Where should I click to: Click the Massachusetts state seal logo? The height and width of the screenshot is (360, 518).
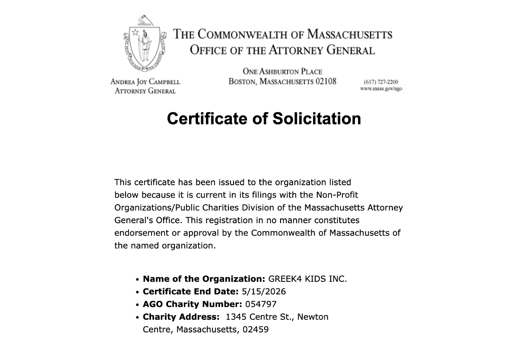click(x=144, y=44)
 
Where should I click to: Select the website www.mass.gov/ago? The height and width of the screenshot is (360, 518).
click(x=381, y=89)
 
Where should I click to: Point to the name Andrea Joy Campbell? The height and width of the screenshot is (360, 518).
click(x=145, y=82)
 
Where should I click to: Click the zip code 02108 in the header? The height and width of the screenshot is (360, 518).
click(x=326, y=81)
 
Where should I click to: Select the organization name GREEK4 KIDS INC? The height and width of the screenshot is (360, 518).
click(x=307, y=279)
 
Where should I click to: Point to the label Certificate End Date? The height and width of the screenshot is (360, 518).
click(x=190, y=291)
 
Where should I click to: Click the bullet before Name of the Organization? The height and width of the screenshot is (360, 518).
click(x=137, y=280)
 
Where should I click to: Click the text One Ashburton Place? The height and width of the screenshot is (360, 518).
click(x=282, y=72)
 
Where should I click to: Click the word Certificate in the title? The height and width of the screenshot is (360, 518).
click(x=209, y=118)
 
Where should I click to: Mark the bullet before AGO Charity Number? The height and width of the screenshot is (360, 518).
click(x=137, y=305)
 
